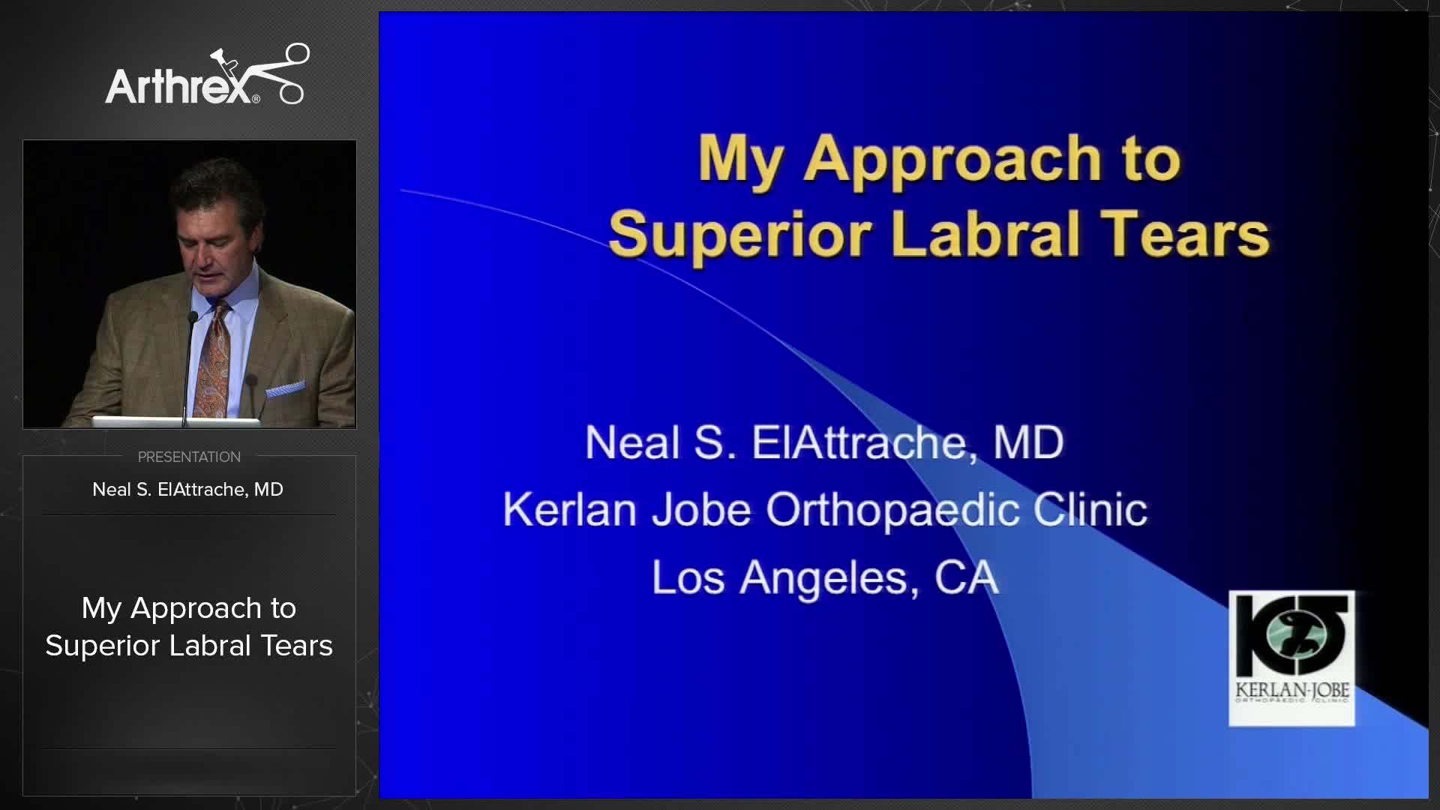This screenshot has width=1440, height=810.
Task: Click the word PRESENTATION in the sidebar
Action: click(x=189, y=457)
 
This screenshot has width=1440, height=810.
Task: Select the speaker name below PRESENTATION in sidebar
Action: click(x=187, y=490)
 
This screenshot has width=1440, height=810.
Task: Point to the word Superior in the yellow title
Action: click(x=739, y=235)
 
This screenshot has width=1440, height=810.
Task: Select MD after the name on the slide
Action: click(x=1028, y=442)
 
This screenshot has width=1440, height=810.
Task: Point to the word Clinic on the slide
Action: click(x=1090, y=510)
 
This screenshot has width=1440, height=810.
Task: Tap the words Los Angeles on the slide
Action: click(x=780, y=578)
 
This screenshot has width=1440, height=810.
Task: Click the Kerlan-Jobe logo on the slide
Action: click(x=1291, y=658)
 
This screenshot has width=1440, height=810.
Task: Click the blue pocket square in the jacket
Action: click(x=285, y=389)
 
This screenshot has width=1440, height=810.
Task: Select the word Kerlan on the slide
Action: click(x=570, y=510)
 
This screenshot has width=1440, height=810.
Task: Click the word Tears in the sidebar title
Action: click(x=296, y=646)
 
